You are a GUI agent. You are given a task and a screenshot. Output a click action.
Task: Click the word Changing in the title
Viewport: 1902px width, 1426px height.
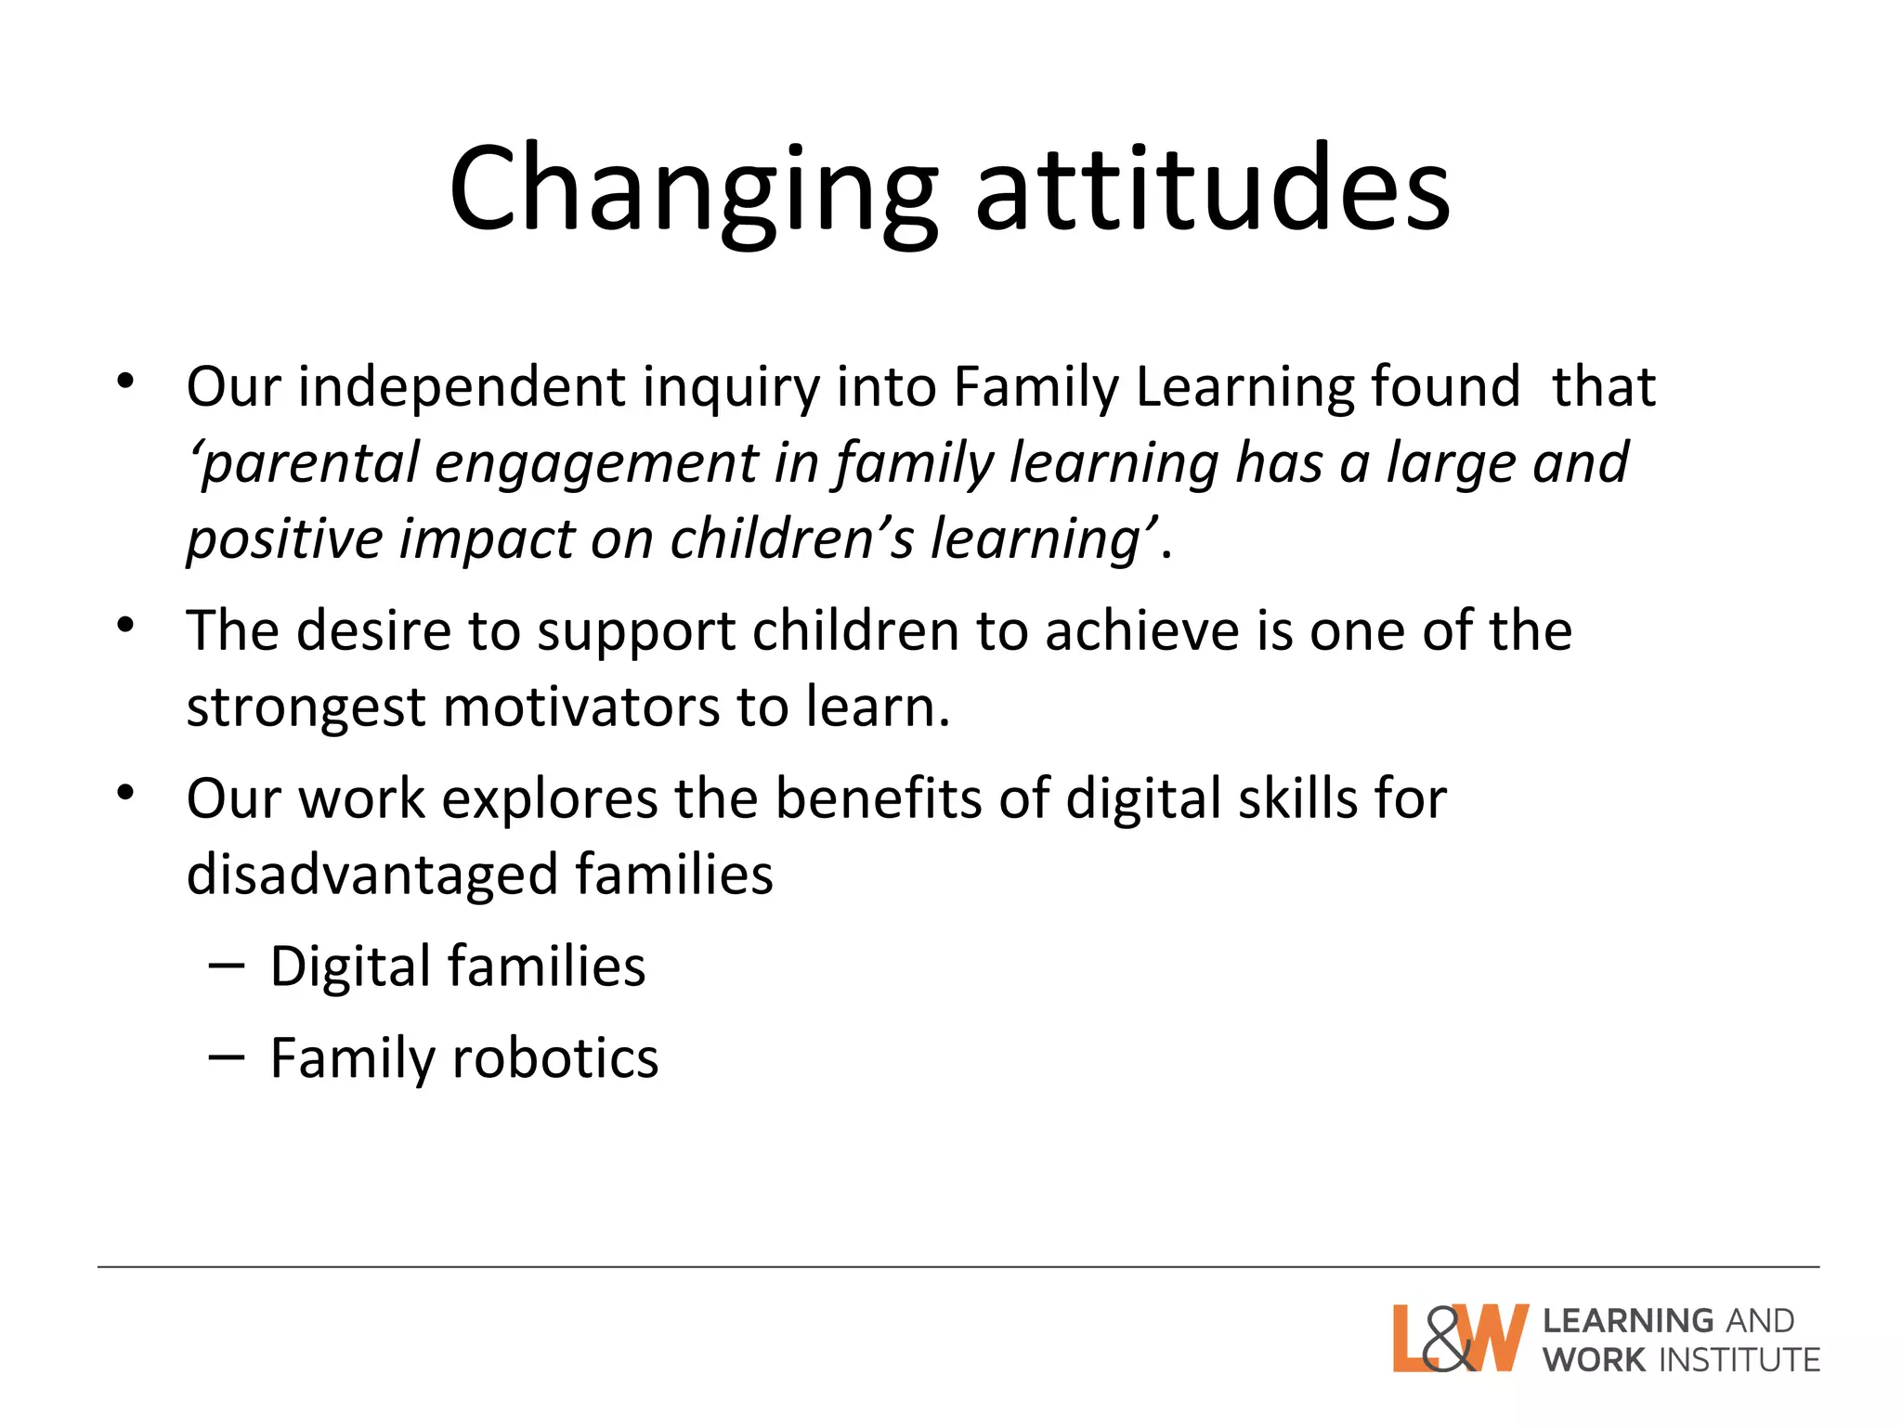(x=692, y=190)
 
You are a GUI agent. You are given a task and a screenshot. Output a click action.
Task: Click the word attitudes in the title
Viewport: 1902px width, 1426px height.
(x=1212, y=190)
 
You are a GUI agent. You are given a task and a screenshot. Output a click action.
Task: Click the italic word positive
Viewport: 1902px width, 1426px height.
(x=283, y=540)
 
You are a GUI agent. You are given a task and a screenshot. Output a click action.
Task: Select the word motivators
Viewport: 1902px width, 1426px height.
(x=581, y=707)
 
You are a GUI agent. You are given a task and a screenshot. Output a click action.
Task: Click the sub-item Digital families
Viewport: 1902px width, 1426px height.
(x=457, y=967)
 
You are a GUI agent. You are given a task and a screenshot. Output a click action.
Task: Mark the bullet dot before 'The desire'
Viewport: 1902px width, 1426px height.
(x=126, y=626)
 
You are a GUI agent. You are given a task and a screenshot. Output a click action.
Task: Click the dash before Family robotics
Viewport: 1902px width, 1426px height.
(x=227, y=1057)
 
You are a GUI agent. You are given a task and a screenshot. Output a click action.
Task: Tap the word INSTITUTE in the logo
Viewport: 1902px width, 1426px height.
(x=1739, y=1360)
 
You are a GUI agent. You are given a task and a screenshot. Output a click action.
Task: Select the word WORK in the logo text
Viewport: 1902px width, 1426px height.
(x=1594, y=1360)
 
